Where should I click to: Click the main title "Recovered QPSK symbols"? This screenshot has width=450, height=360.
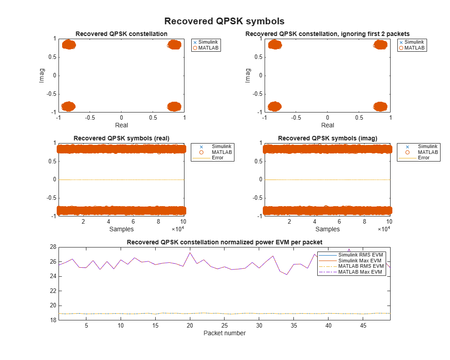[x=224, y=21]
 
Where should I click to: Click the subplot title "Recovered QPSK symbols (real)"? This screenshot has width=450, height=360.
[x=121, y=138]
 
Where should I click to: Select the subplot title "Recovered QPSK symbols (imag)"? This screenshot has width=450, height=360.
[x=328, y=138]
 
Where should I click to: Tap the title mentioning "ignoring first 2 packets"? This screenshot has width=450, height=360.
[x=328, y=34]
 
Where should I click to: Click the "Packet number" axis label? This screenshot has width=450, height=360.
[x=225, y=333]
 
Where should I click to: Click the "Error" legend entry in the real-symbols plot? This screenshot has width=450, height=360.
[x=217, y=158]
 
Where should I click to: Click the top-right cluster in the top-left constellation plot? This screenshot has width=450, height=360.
[x=174, y=45]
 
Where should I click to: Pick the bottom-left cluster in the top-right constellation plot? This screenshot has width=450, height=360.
[x=274, y=107]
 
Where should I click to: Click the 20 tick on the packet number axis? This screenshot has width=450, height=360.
[x=190, y=325]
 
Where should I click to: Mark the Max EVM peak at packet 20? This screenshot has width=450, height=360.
[x=190, y=252]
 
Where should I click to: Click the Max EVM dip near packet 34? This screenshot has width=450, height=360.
[x=287, y=274]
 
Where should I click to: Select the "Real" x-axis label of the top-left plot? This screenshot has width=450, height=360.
[x=121, y=125]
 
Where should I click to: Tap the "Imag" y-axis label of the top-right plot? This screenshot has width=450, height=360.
[x=248, y=75]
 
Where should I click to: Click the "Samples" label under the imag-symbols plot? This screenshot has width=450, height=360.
[x=328, y=229]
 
